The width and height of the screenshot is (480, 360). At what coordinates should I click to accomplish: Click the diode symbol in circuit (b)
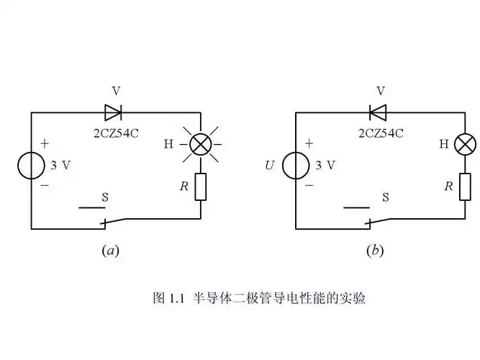pyautogui.click(x=379, y=112)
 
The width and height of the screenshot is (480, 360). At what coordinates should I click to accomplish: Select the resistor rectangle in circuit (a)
pyautogui.click(x=200, y=186)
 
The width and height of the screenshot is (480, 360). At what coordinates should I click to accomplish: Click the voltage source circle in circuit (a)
pyautogui.click(x=31, y=166)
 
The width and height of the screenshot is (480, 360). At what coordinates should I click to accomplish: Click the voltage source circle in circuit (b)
pyautogui.click(x=296, y=166)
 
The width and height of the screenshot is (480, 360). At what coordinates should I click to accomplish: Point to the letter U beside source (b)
pyautogui.click(x=270, y=166)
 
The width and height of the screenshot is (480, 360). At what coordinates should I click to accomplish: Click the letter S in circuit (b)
pyautogui.click(x=386, y=197)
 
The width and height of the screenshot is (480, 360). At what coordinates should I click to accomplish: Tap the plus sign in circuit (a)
pyautogui.click(x=45, y=144)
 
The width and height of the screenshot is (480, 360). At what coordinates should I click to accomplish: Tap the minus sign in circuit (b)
pyautogui.click(x=309, y=185)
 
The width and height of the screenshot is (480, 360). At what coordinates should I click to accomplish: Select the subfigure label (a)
pyautogui.click(x=110, y=251)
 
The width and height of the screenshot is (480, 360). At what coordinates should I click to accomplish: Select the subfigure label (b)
pyautogui.click(x=375, y=251)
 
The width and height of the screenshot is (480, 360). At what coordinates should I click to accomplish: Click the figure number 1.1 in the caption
pyautogui.click(x=178, y=297)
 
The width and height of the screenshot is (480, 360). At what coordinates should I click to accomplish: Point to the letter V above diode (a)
pyautogui.click(x=116, y=91)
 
